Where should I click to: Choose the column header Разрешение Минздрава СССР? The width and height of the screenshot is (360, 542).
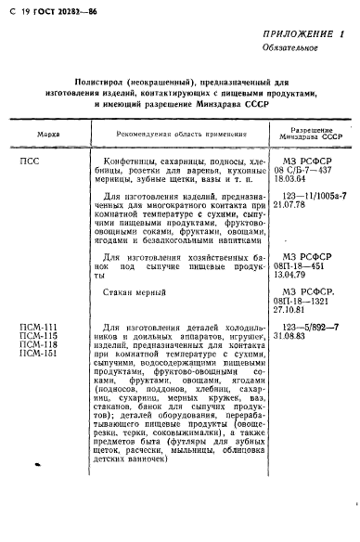302,135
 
